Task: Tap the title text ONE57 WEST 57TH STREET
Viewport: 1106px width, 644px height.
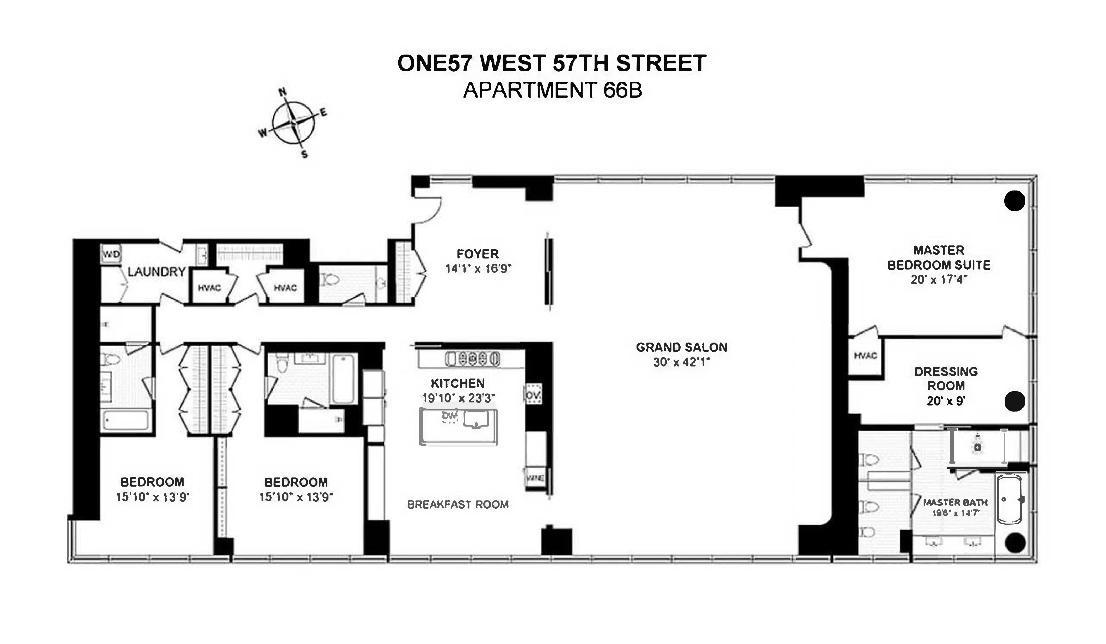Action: (552, 63)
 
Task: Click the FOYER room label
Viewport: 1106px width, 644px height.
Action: (478, 254)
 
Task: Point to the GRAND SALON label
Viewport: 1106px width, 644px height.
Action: (682, 348)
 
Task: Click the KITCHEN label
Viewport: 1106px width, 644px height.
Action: (458, 383)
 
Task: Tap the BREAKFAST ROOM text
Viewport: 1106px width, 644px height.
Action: (458, 505)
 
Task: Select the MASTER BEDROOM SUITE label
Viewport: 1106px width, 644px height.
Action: (939, 257)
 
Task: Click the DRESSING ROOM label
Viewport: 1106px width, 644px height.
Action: (946, 379)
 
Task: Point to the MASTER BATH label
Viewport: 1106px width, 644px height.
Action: (955, 502)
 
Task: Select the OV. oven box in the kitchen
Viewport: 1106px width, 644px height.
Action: (533, 395)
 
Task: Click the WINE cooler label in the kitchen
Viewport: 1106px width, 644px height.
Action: (535, 478)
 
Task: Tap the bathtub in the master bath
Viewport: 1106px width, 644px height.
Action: (1009, 500)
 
